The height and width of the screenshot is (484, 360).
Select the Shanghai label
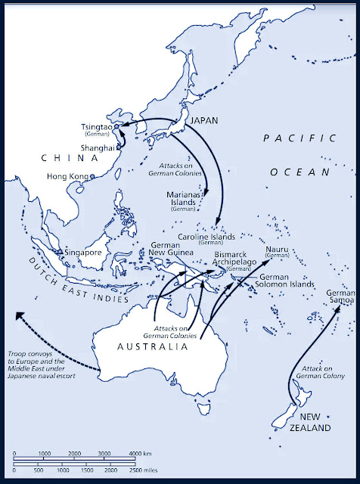pyautogui.click(x=98, y=148)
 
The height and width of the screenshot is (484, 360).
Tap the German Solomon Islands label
pyautogui.click(x=287, y=281)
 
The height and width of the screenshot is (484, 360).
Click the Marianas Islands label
pyautogui.click(x=182, y=200)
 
